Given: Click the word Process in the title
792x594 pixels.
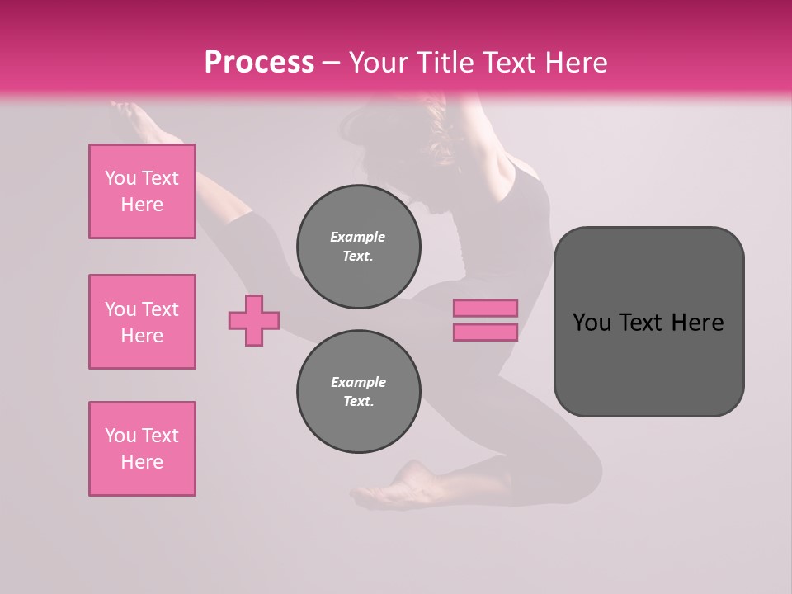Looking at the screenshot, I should pyautogui.click(x=259, y=62).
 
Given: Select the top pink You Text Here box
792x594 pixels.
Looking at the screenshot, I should pyautogui.click(x=142, y=191).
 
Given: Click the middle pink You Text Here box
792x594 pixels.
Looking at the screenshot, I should pyautogui.click(x=142, y=322).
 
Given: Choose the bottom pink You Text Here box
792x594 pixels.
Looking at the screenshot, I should pyautogui.click(x=142, y=449).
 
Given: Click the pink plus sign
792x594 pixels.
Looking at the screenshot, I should pyautogui.click(x=254, y=320).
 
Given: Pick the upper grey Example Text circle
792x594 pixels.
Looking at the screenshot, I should pyautogui.click(x=359, y=247).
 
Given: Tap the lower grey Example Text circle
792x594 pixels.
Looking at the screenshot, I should pyautogui.click(x=359, y=392).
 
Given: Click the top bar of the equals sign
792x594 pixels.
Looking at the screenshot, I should pyautogui.click(x=486, y=308).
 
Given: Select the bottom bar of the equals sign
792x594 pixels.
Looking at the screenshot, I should pyautogui.click(x=486, y=332).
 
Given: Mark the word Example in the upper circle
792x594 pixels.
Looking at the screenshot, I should pyautogui.click(x=358, y=237).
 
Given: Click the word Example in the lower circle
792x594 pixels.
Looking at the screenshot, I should pyautogui.click(x=358, y=382).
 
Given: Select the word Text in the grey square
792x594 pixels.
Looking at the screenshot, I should pyautogui.click(x=642, y=322).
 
